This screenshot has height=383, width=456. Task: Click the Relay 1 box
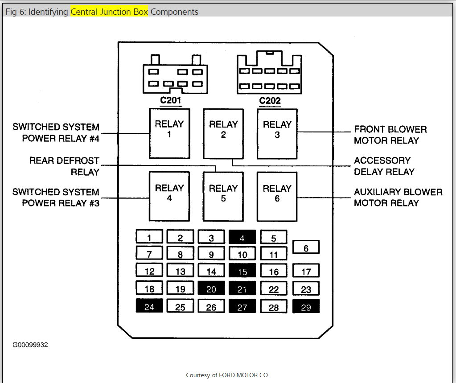169,133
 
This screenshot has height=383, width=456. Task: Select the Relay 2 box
223,133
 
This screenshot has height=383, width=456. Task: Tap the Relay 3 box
277,133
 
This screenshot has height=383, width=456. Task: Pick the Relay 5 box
223,197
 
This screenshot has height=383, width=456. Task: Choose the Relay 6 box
277,197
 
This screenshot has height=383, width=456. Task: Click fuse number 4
242,238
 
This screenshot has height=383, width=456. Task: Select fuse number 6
306,247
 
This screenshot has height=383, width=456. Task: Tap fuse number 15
242,271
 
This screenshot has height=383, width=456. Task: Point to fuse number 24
149,306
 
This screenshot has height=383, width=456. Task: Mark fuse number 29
306,307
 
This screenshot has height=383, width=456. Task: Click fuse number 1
149,238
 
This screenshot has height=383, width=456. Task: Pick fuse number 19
180,288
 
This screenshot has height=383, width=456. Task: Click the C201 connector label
171,100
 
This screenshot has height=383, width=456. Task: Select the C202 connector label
270,100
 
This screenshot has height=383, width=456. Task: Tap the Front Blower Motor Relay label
390,135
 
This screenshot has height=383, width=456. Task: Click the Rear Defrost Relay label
64,166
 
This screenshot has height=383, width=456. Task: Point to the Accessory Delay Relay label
384,166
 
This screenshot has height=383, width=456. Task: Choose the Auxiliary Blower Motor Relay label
398,198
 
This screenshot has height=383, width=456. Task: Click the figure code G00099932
30,345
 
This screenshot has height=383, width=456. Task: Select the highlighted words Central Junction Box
109,12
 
